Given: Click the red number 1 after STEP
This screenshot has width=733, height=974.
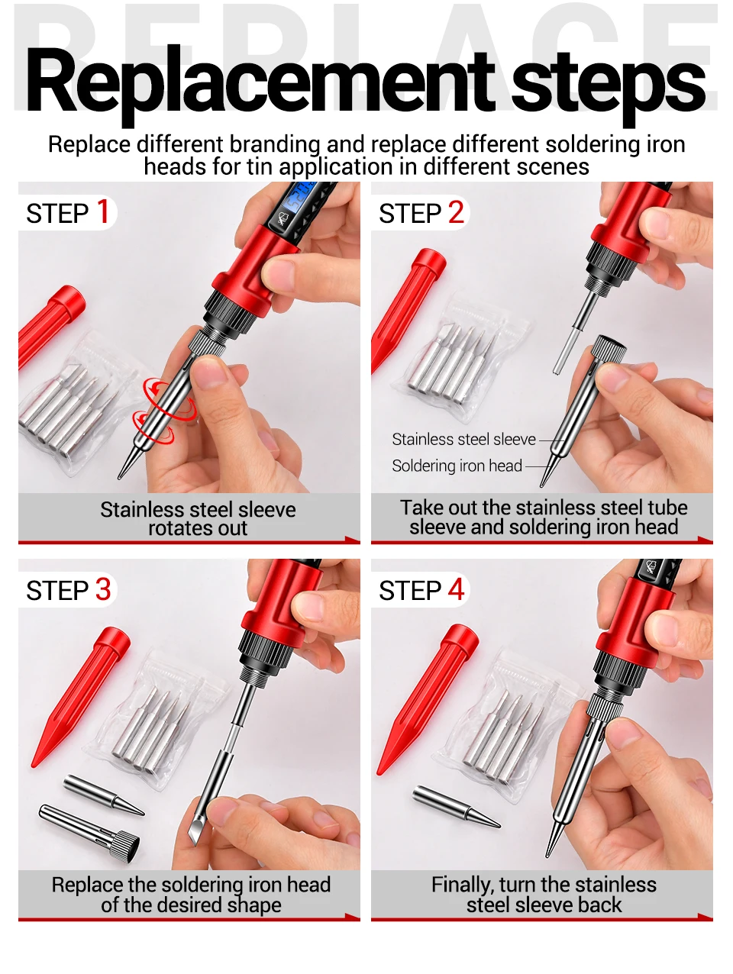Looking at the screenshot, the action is click(103, 211).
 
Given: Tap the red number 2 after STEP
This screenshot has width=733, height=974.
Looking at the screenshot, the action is click(456, 212).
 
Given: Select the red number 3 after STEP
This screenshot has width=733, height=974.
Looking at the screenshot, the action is click(103, 589).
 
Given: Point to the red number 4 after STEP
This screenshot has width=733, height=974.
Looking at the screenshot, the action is click(456, 589).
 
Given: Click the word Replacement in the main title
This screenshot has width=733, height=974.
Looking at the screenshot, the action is click(260, 84).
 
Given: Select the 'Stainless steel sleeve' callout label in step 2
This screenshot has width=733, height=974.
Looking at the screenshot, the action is click(464, 440).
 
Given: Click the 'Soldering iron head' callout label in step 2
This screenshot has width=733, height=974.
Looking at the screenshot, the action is click(457, 466).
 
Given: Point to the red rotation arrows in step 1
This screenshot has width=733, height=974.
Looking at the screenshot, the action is click(165, 411).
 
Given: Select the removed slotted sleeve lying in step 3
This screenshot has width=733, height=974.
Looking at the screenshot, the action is click(89, 828).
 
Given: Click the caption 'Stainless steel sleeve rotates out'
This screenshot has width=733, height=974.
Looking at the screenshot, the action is click(198, 519).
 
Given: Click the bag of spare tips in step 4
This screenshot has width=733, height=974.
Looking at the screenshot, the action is click(505, 727).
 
